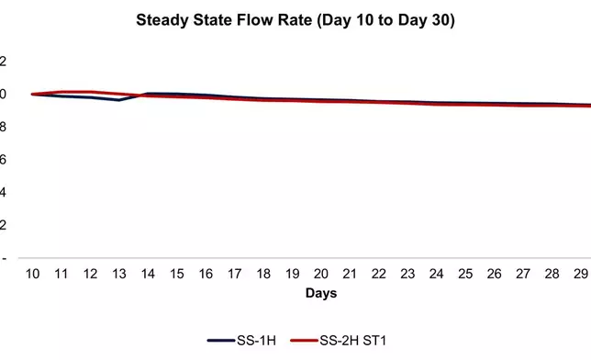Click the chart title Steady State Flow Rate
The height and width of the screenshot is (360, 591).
tap(295, 19)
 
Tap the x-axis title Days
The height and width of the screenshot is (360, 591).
tap(321, 294)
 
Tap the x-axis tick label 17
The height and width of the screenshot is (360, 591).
tap(235, 275)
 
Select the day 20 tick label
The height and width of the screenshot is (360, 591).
tap(321, 275)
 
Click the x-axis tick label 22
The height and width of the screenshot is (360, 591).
tap(378, 275)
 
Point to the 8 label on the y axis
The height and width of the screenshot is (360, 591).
tap(3, 127)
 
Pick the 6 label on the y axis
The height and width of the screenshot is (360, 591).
tap(3, 160)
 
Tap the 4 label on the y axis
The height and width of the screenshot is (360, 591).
tap(3, 193)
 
